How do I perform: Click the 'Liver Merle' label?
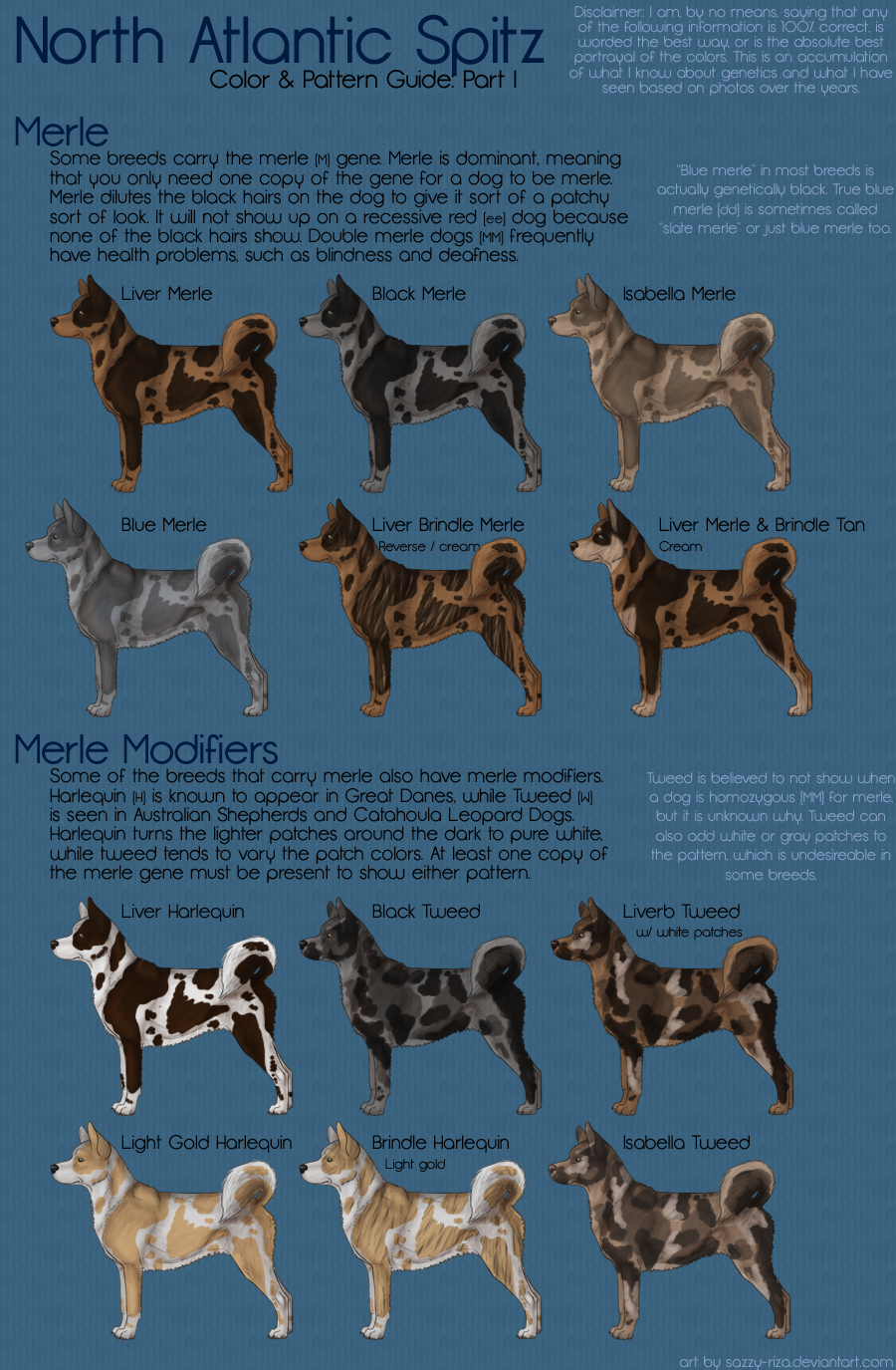[166, 294]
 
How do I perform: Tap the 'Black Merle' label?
[419, 294]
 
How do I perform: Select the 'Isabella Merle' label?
[679, 294]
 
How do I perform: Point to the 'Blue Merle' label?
[163, 525]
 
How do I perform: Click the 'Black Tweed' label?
[426, 912]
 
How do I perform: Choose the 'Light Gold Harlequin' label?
[207, 1143]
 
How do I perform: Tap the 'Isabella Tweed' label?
[686, 1143]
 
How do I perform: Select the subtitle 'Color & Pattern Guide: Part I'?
[363, 80]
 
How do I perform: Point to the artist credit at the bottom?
[787, 1361]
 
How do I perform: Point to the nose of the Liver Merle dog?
[54, 320]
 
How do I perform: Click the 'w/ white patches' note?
[689, 932]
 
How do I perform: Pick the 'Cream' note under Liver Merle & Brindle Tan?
[680, 546]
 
